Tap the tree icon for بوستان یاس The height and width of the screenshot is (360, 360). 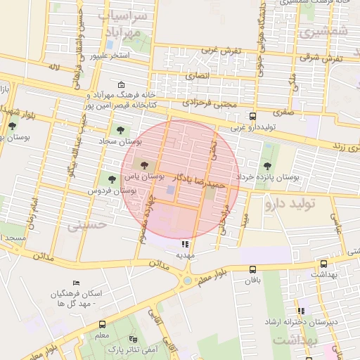click(144, 165)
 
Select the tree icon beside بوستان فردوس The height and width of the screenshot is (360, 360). click(111, 179)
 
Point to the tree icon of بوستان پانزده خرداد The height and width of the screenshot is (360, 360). click(268, 166)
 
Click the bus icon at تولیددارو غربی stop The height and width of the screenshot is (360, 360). click(253, 117)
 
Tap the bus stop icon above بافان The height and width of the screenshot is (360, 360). click(253, 269)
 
